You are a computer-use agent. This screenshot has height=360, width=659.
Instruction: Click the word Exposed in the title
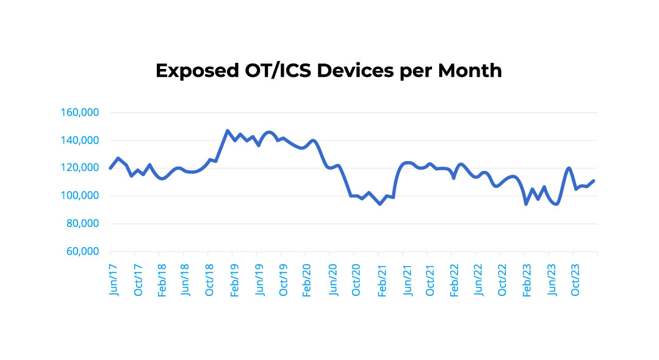[193, 71]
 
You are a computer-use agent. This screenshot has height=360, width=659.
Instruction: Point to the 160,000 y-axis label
[81, 113]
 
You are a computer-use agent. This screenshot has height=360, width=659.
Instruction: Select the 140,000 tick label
[81, 140]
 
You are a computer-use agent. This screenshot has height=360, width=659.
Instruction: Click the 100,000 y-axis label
[81, 196]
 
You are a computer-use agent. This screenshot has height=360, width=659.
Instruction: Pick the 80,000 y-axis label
[84, 224]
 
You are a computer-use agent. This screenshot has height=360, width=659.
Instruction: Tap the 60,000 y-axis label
[84, 251]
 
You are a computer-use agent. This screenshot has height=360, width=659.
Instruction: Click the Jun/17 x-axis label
[113, 280]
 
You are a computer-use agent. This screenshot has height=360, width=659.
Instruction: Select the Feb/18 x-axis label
[162, 280]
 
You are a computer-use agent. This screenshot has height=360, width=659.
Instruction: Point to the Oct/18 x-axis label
[211, 280]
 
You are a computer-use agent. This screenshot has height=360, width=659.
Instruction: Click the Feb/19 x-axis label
[235, 280]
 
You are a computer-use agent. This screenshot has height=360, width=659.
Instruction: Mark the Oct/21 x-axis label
[430, 280]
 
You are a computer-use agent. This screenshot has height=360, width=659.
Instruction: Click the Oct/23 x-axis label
[576, 280]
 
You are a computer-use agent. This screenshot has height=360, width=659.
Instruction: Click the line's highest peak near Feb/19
[227, 131]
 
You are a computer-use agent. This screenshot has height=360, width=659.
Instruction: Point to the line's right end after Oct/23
[594, 181]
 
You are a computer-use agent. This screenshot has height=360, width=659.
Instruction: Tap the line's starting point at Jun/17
[110, 168]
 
